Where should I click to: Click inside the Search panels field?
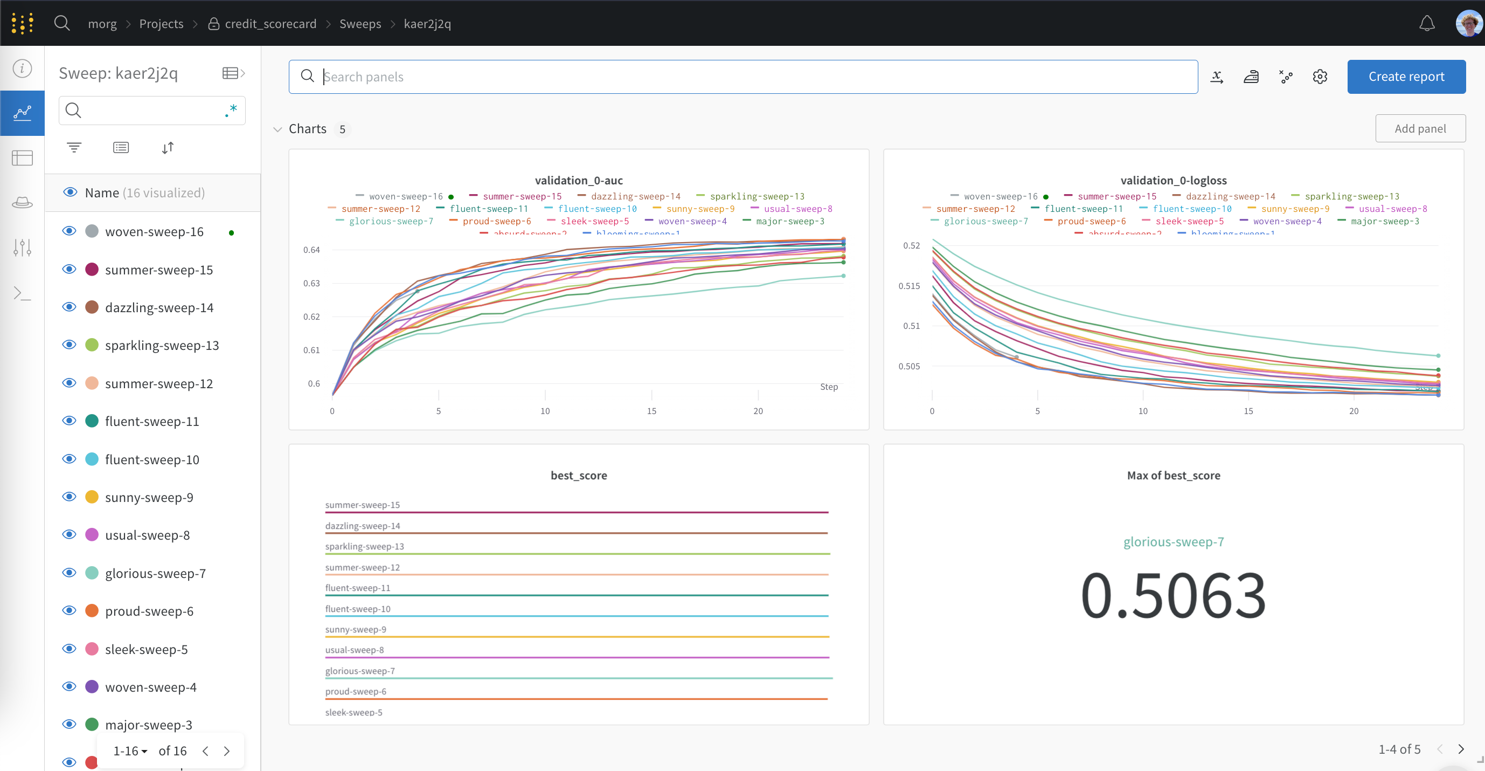click(x=750, y=77)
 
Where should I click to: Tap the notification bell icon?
click(x=1426, y=24)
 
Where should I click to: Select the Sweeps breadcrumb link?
click(x=360, y=24)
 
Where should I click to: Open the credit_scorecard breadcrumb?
click(x=270, y=24)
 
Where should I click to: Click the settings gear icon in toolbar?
click(x=1320, y=77)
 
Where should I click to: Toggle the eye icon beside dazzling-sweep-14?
click(x=69, y=307)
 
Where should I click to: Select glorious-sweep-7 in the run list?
click(x=155, y=573)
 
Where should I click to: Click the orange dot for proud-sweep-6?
click(x=92, y=611)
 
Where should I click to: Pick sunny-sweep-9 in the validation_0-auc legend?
click(x=700, y=209)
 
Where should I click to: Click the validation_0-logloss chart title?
click(x=1173, y=181)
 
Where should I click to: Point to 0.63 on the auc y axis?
click(x=311, y=283)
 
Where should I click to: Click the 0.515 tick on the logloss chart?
click(x=908, y=286)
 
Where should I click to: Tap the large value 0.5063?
click(x=1173, y=595)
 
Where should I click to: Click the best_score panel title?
click(x=578, y=475)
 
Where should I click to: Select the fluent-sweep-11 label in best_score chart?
click(x=357, y=588)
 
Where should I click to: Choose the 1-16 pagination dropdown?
click(x=130, y=751)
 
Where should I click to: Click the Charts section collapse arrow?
click(x=277, y=129)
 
